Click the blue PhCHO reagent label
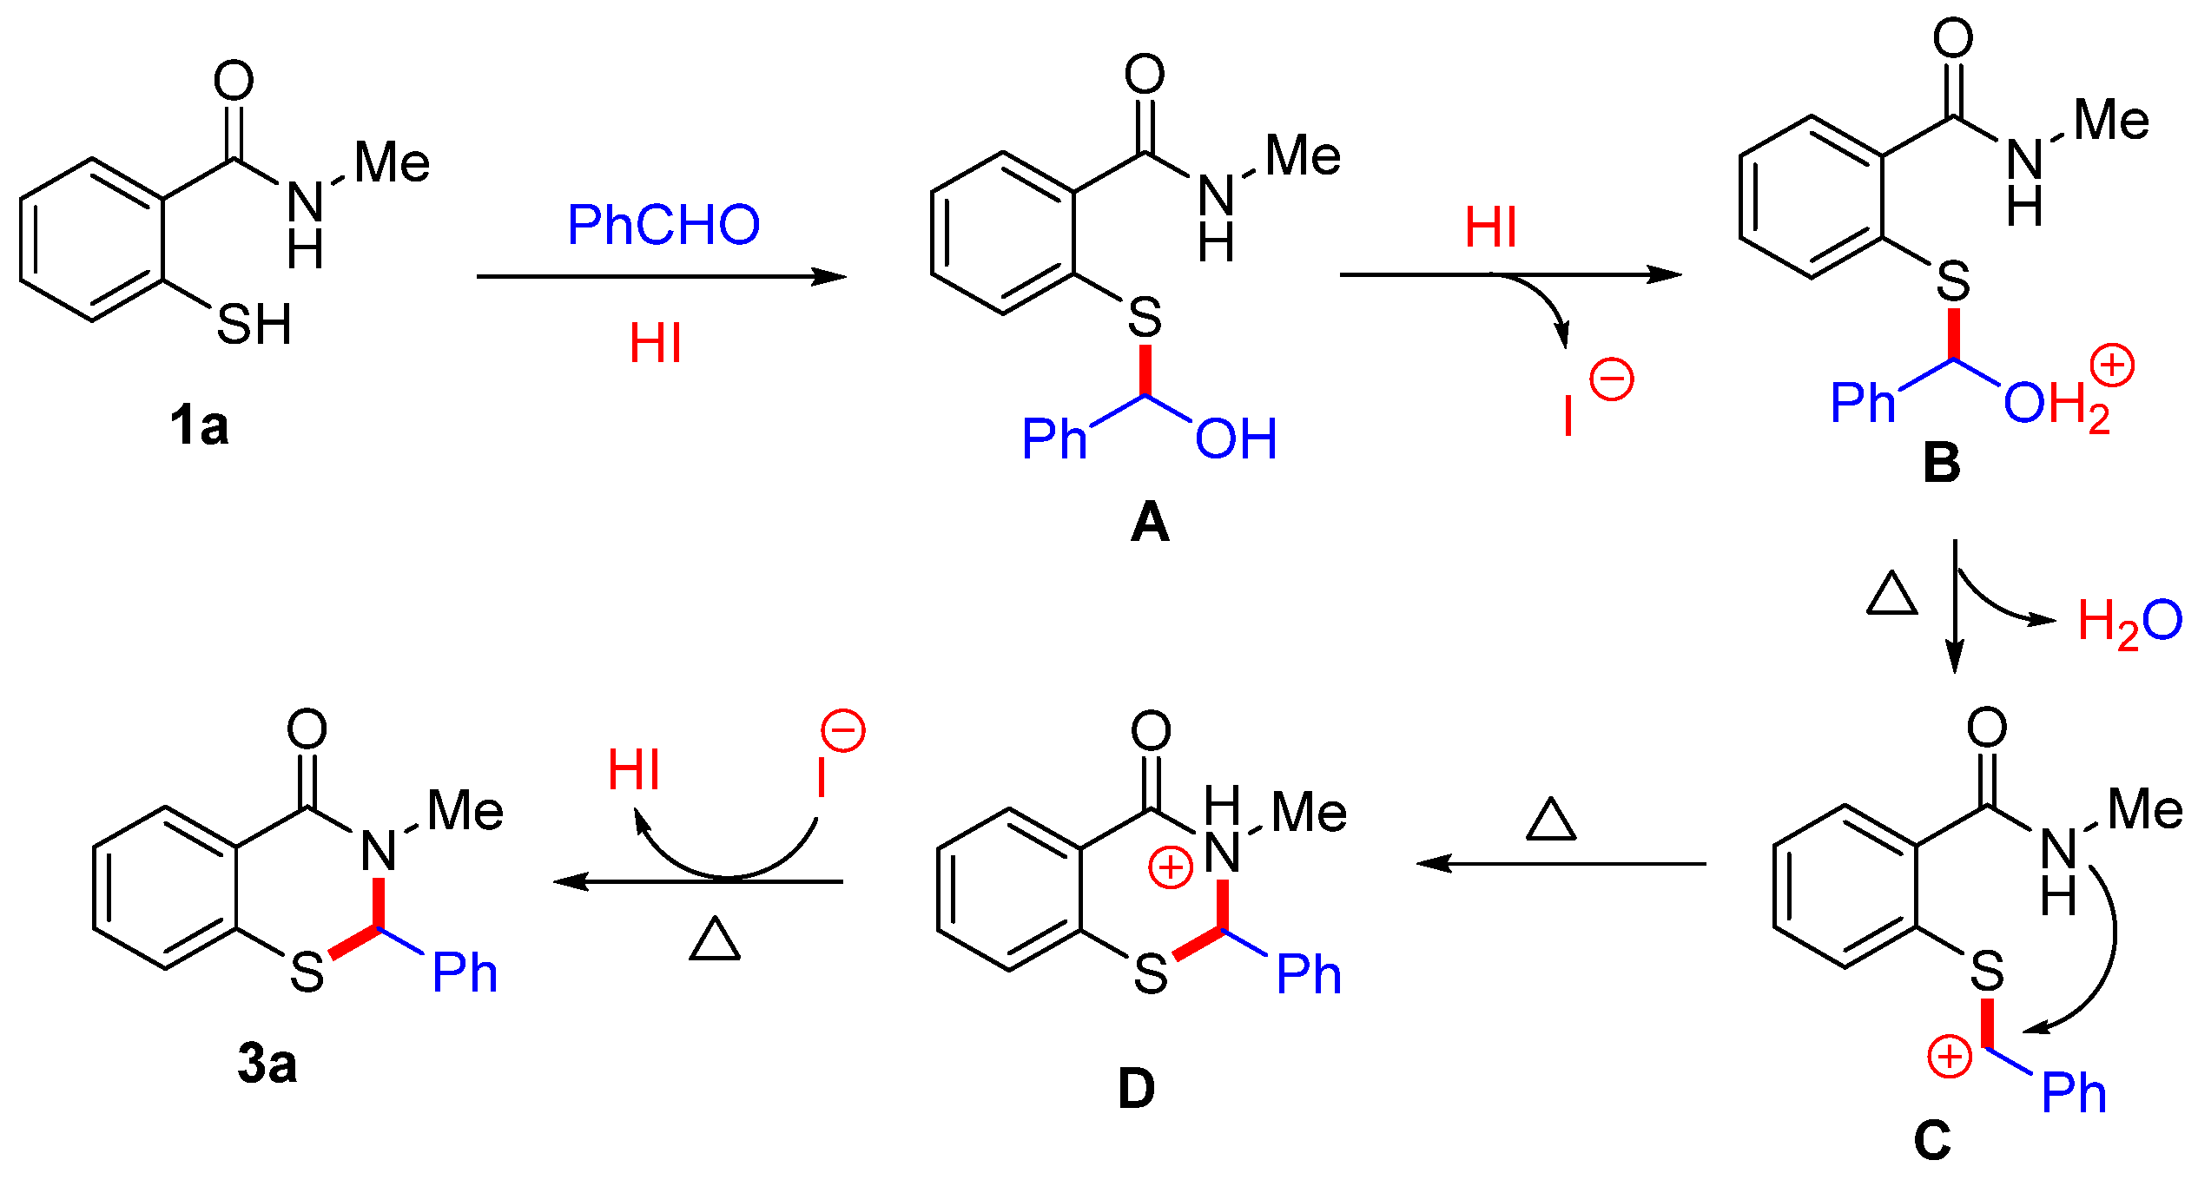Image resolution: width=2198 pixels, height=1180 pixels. tap(663, 225)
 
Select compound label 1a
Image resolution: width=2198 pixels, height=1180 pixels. tap(199, 426)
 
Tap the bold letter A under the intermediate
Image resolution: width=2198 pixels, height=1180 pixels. tap(1150, 523)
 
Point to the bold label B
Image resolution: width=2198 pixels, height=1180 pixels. tap(1942, 463)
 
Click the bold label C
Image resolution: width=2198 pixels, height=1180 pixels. tap(1931, 1140)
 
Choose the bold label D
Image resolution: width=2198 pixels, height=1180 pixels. tap(1136, 1089)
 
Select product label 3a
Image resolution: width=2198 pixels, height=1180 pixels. tap(267, 1064)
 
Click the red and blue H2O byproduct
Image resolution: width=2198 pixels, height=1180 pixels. tap(2129, 623)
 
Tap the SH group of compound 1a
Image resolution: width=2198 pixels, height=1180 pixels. tap(254, 325)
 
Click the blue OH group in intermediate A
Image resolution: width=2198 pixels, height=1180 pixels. tap(1236, 439)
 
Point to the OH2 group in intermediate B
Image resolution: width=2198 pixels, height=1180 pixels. tap(2056, 405)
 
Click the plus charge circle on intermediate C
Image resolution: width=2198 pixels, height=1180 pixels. tap(1950, 1057)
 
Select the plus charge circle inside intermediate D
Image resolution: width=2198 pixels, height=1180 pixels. tap(1170, 867)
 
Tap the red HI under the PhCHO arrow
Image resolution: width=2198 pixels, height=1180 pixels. tap(656, 343)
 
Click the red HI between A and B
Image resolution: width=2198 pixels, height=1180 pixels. tap(1491, 227)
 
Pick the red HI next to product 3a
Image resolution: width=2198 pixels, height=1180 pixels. tap(633, 769)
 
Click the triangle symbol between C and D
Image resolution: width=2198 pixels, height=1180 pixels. tap(1551, 820)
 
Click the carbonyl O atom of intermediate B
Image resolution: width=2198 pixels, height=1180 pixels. tap(1954, 39)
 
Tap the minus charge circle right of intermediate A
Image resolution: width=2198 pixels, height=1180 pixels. tap(1612, 379)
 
